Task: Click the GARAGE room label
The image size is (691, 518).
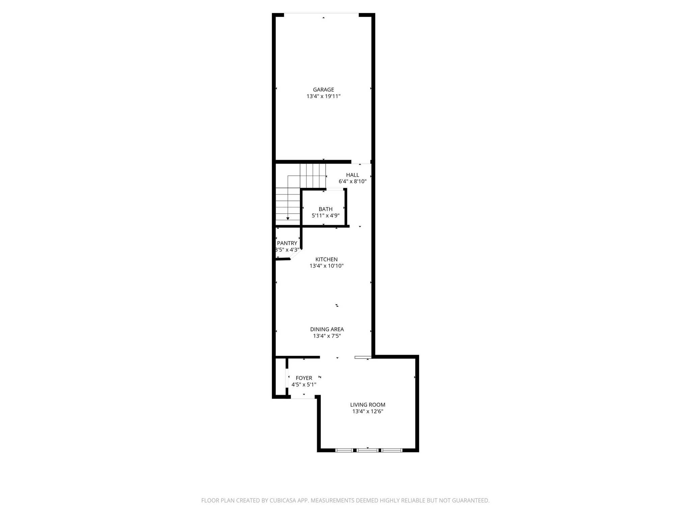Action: click(x=323, y=90)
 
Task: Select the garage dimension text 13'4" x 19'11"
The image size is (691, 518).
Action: click(x=323, y=96)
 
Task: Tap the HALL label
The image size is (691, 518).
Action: click(x=353, y=175)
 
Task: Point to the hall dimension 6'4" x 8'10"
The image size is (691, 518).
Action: click(x=353, y=181)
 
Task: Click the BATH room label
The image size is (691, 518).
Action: click(x=325, y=209)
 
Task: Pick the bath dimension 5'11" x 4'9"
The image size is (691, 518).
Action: click(x=325, y=216)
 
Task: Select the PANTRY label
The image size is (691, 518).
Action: click(x=287, y=243)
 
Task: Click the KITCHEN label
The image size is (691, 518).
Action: click(x=326, y=259)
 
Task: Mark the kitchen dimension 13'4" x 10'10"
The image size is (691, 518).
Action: click(x=326, y=266)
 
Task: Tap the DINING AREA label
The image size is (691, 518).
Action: click(x=327, y=329)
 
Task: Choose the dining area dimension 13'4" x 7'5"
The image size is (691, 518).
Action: click(x=327, y=336)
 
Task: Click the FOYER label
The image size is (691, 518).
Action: click(x=304, y=378)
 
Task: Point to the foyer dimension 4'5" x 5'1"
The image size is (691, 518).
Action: click(x=304, y=385)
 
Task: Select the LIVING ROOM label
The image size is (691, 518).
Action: click(x=367, y=405)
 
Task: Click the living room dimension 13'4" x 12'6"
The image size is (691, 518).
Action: click(x=367, y=411)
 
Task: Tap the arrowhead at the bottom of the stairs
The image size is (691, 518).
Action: click(x=288, y=219)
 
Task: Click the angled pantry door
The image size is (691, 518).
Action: click(x=296, y=254)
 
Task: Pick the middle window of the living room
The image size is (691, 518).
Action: click(x=367, y=450)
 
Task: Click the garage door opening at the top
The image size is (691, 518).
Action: click(x=321, y=14)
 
